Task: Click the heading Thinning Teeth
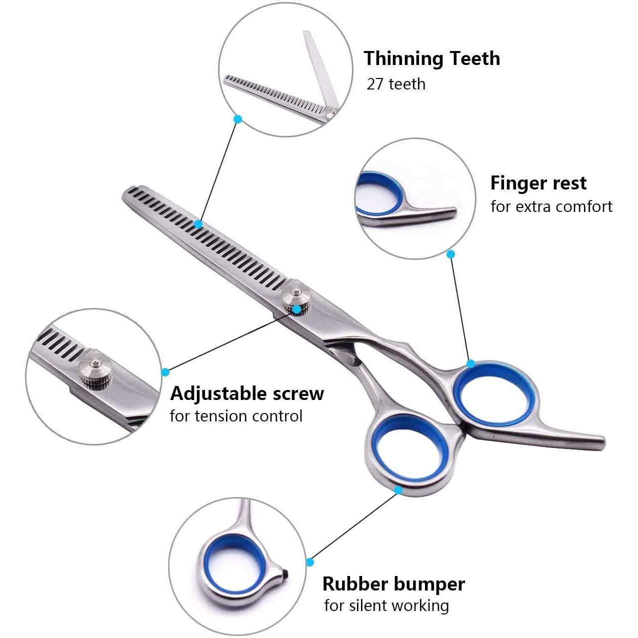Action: pos(431,58)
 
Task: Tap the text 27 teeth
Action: pos(395,84)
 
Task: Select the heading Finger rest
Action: pos(538,183)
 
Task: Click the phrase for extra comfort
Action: pos(551,206)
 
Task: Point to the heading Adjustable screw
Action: pos(247,393)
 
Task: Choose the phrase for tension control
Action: pos(236,416)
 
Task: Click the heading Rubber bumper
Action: pos(393,583)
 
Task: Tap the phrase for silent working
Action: pos(386,605)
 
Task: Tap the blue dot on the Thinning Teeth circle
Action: pos(238,119)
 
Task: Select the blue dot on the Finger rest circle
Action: pos(450,254)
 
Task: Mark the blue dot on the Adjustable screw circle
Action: pos(165,372)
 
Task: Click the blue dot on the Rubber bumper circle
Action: pos(310,562)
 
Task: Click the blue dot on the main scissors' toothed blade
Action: pos(198,224)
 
